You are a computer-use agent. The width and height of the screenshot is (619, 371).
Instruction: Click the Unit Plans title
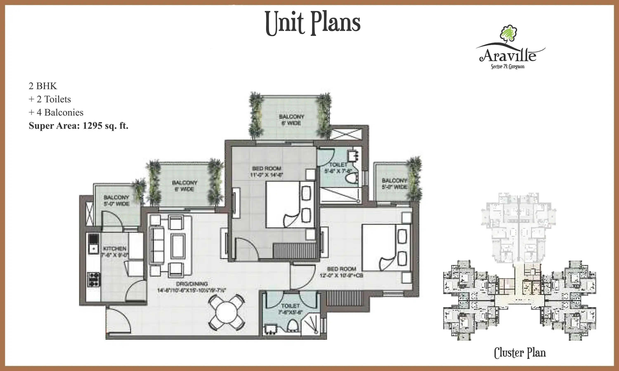[x=313, y=23]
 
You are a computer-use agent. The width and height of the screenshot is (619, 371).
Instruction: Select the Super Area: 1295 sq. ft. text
[x=78, y=126]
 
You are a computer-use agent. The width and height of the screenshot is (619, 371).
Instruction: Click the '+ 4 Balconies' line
[x=56, y=113]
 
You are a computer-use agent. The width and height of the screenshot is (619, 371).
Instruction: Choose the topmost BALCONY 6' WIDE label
[x=292, y=120]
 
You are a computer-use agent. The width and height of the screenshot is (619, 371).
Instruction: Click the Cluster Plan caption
[x=520, y=353]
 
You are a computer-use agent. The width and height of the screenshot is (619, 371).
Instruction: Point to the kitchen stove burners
[x=93, y=279]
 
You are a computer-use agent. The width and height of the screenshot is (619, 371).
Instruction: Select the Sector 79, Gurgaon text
[x=508, y=67]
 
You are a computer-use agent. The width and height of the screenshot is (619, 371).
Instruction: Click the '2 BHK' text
[x=43, y=86]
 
